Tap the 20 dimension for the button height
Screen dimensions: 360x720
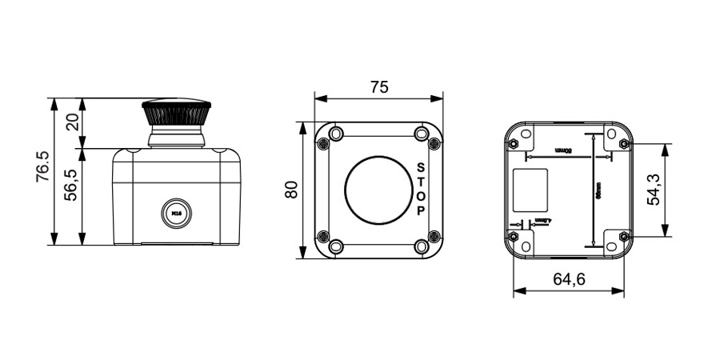click(x=72, y=122)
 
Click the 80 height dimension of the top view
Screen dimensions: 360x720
click(x=290, y=190)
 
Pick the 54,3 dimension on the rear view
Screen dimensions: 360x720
click(x=654, y=190)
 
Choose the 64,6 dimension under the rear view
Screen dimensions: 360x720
click(x=569, y=279)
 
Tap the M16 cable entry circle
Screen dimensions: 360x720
click(x=177, y=213)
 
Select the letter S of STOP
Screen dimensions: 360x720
click(x=421, y=168)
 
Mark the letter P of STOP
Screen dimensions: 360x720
click(x=421, y=211)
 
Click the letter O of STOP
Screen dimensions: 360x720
click(x=421, y=197)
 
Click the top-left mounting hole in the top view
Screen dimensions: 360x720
click(x=336, y=133)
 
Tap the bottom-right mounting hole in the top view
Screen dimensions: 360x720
click(x=422, y=246)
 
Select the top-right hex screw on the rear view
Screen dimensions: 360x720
click(x=624, y=144)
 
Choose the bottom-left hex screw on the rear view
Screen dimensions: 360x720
click(x=513, y=237)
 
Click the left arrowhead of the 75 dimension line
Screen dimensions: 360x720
click(x=318, y=99)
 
